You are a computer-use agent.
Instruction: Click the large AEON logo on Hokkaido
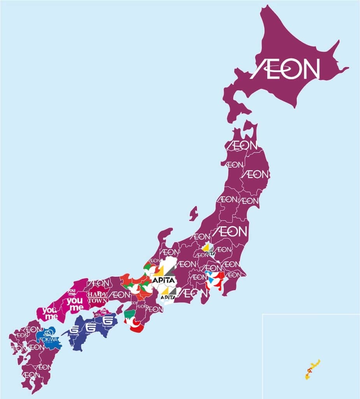(x=285, y=69)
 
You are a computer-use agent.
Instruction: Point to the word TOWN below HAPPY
(x=98, y=301)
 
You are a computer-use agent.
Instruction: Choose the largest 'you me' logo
(x=75, y=304)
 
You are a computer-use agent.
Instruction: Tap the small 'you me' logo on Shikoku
(x=103, y=312)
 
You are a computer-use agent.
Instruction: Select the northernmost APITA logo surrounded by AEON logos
(x=208, y=249)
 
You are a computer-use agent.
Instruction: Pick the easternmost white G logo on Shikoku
(x=109, y=322)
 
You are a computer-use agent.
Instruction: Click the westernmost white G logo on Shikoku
(x=74, y=330)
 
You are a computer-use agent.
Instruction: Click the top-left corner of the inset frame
(x=263, y=314)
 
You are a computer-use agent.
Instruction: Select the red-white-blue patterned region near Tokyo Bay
(x=214, y=280)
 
